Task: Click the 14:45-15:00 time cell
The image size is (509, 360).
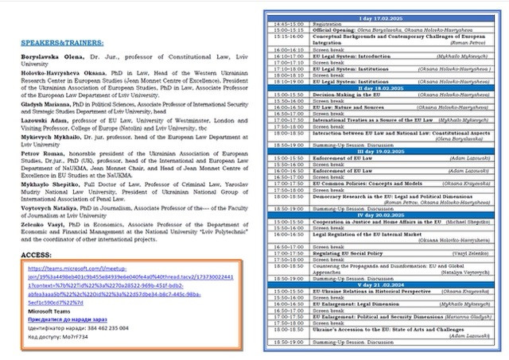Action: tap(288, 24)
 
